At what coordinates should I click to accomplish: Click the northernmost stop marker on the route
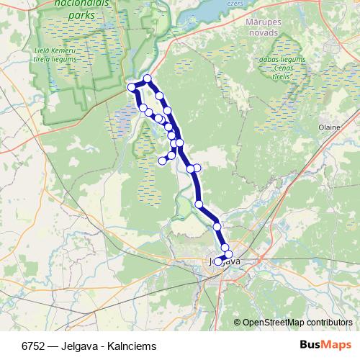coord(148,78)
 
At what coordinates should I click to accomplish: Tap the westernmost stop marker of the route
coord(132,87)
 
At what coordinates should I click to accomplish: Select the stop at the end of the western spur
coord(163,160)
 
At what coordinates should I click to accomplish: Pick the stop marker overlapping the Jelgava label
coord(218,261)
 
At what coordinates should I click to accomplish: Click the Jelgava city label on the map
coord(223,261)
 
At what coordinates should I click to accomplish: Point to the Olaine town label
coord(329,126)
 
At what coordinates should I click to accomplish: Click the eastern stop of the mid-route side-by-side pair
coord(197,168)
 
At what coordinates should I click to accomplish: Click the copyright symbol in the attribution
coord(238,323)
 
